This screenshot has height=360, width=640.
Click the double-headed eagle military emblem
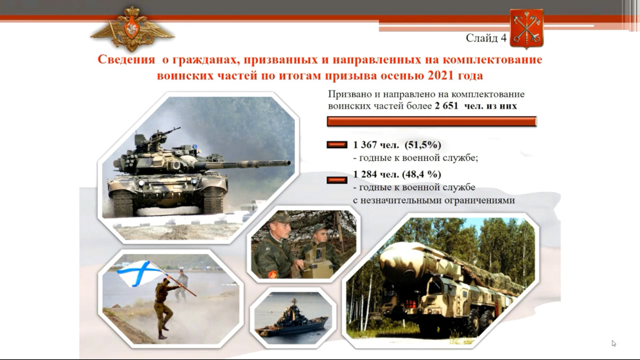click(131, 28)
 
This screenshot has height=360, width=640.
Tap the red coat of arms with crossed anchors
click(526, 28)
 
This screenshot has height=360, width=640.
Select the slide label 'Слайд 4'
click(486, 38)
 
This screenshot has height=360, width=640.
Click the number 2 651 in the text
click(447, 106)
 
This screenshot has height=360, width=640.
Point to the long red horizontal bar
click(432, 122)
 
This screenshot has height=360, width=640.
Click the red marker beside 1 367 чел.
click(337, 145)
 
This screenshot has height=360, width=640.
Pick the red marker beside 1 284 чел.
click(337, 180)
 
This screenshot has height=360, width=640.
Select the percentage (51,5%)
click(423, 145)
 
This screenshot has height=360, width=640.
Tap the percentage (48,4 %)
click(421, 175)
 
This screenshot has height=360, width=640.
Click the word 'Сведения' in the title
click(126, 59)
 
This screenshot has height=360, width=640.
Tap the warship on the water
click(292, 319)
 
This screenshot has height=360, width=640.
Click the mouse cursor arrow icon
click(614, 344)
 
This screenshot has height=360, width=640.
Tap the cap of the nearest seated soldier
click(280, 218)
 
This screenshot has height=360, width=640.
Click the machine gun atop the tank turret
click(164, 133)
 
